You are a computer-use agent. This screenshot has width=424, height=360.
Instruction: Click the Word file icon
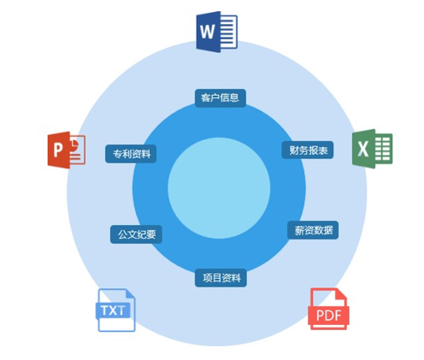click(217, 32)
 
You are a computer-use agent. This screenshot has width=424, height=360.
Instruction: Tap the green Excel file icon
click(372, 149)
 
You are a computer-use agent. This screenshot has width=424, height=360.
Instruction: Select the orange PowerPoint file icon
click(67, 150)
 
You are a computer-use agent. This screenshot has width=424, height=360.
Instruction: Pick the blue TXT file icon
click(115, 310)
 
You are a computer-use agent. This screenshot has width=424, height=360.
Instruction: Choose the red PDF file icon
click(328, 309)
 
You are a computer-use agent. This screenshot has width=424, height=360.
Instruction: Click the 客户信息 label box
click(220, 98)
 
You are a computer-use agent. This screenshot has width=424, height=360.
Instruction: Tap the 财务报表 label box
click(308, 150)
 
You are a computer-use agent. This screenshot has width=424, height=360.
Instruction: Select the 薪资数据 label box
click(313, 230)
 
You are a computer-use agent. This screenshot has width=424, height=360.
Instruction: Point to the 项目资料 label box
click(221, 278)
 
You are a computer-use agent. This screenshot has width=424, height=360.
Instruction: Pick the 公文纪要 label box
click(136, 234)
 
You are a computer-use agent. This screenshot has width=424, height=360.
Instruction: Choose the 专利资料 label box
click(131, 154)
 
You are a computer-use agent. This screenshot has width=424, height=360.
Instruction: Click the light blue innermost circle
click(219, 188)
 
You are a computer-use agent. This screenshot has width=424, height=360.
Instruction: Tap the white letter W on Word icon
click(208, 32)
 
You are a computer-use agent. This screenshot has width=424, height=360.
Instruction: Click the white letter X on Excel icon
click(362, 149)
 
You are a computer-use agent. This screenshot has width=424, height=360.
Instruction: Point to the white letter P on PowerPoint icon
click(57, 150)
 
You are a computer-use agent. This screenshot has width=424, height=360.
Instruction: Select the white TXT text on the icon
click(113, 310)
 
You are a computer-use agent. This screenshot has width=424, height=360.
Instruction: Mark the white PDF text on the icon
click(329, 316)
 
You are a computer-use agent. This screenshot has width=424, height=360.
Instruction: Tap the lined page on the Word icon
click(228, 32)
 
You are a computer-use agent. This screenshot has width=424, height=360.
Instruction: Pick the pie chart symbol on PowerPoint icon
click(75, 143)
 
